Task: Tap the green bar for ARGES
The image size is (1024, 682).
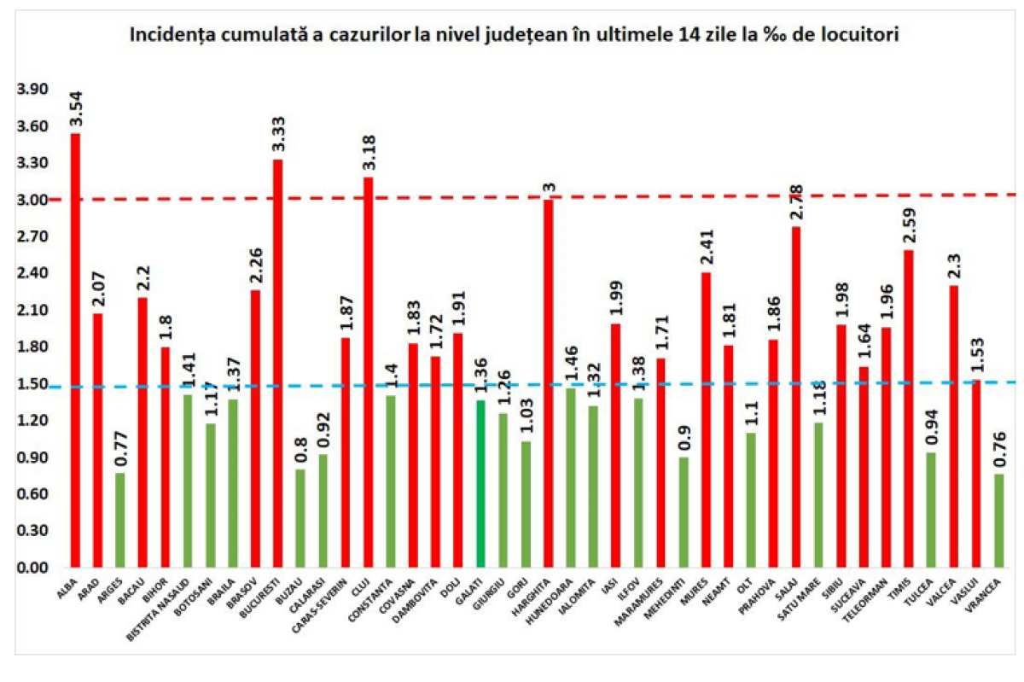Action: pos(120,520)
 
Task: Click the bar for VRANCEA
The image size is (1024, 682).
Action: pos(998,521)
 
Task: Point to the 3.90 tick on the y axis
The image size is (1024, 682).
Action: pos(32,90)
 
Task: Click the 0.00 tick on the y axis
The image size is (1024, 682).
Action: pos(32,568)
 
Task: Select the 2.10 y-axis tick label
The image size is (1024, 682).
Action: pos(32,311)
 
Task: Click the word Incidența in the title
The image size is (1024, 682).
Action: pos(170,36)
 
